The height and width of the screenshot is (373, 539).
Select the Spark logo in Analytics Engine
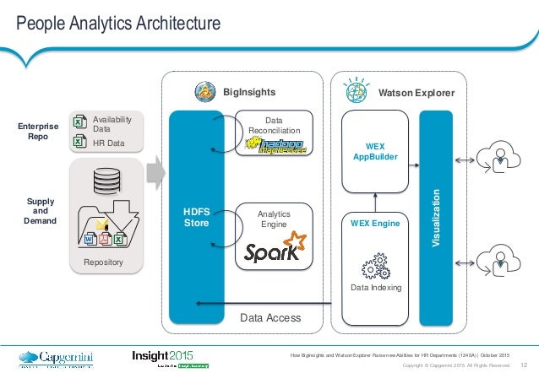point(272,246)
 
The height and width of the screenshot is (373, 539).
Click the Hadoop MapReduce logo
point(277,146)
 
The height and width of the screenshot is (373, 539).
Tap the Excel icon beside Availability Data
point(79,122)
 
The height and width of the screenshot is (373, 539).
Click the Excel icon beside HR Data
point(79,143)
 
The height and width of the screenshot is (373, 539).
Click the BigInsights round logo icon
point(204,90)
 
